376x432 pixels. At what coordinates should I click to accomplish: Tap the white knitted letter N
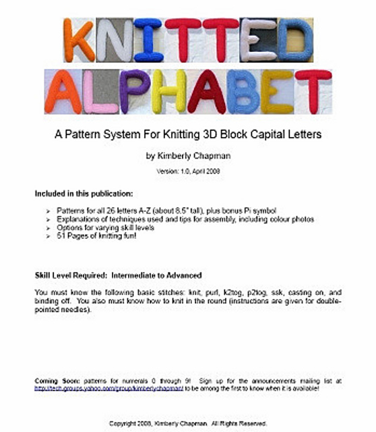click(x=115, y=40)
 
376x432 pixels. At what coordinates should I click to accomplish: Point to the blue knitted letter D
click(x=295, y=40)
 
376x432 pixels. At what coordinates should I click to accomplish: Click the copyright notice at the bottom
click(x=188, y=423)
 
